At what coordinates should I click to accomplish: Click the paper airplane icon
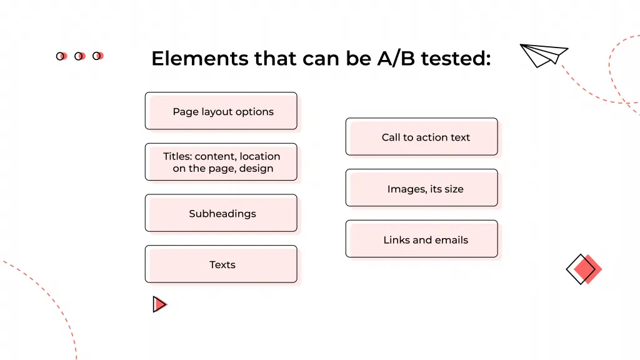[543, 54]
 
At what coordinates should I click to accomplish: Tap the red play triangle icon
[159, 304]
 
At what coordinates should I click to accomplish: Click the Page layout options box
[221, 111]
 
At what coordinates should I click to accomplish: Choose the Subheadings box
[221, 213]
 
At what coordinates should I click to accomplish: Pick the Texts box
[221, 264]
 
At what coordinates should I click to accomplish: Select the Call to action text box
[422, 137]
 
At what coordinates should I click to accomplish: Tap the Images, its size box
[422, 188]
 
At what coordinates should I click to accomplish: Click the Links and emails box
[422, 239]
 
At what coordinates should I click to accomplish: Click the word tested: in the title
[456, 59]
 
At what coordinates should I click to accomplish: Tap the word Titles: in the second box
[177, 156]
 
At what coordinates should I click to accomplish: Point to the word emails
[451, 240]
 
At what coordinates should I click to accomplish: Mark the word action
[429, 137]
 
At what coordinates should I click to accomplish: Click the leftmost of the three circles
[61, 56]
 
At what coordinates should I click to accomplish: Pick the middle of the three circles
[79, 56]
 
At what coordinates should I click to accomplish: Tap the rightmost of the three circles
[97, 56]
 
